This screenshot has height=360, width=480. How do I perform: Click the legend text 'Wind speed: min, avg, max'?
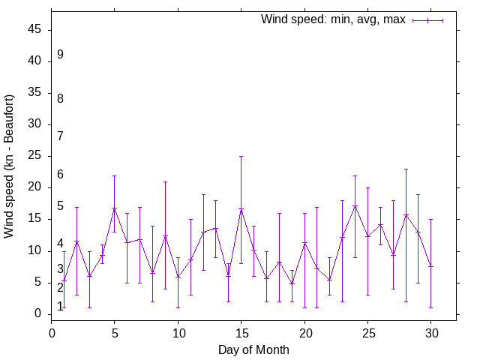pyautogui.click(x=333, y=19)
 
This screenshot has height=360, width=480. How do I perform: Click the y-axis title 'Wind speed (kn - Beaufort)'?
pyautogui.click(x=9, y=166)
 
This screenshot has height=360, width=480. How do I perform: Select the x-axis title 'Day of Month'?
pyautogui.click(x=253, y=349)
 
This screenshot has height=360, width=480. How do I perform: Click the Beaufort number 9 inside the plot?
pyautogui.click(x=60, y=55)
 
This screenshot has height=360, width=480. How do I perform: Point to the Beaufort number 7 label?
pyautogui.click(x=60, y=136)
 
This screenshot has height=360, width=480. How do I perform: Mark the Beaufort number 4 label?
pyautogui.click(x=60, y=244)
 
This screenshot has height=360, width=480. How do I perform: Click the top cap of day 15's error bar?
pyautogui.click(x=241, y=156)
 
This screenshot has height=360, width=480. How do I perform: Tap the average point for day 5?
pyautogui.click(x=114, y=208)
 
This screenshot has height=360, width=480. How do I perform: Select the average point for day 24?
pyautogui.click(x=355, y=205)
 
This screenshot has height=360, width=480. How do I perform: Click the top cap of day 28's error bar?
pyautogui.click(x=406, y=169)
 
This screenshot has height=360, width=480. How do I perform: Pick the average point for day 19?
pyautogui.click(x=292, y=283)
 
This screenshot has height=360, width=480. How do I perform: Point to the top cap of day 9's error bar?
pyautogui.click(x=165, y=181)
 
